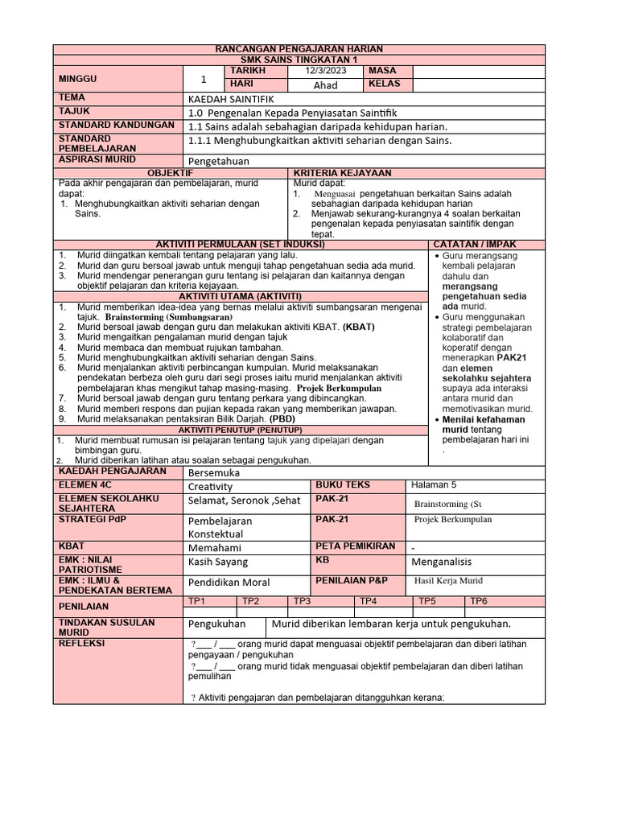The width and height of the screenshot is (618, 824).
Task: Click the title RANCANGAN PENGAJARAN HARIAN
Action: coord(299,50)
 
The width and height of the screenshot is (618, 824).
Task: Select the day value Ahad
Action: coord(326,85)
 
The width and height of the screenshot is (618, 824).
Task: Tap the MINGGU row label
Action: coord(76,79)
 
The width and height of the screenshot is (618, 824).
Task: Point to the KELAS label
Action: coord(384,84)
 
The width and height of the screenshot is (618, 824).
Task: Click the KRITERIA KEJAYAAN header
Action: coord(343,173)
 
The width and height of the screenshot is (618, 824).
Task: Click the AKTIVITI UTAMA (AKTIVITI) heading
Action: coord(240,296)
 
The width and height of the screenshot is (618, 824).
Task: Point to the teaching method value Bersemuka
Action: coord(214,473)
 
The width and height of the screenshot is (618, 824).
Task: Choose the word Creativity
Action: coord(210,487)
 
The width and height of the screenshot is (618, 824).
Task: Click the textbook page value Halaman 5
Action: coord(433,484)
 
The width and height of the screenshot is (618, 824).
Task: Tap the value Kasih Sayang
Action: coord(218,562)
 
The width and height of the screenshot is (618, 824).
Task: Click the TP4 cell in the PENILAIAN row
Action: coord(369,601)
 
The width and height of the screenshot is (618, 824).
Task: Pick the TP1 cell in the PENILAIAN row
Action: coord(197,601)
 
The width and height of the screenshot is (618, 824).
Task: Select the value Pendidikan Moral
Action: coord(229,582)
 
